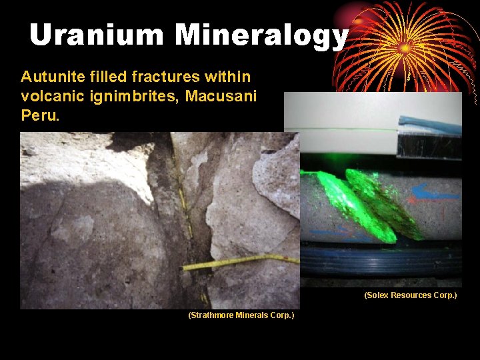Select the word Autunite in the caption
pos(49,78)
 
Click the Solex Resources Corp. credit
pos(410,295)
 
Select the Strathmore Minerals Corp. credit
pos(241,315)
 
